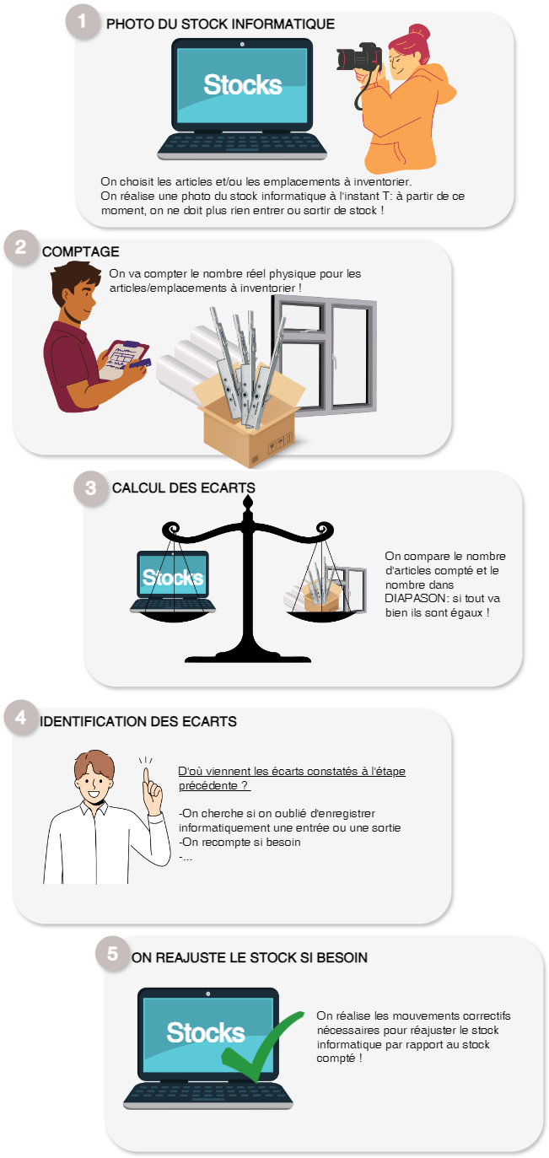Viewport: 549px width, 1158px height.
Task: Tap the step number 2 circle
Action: (19, 248)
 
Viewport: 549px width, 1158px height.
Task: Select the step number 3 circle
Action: (90, 487)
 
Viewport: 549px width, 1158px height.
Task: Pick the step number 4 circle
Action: (19, 719)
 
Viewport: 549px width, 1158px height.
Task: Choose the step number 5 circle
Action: (111, 955)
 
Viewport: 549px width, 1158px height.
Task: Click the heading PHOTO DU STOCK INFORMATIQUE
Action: (220, 24)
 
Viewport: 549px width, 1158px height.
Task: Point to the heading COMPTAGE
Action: (80, 251)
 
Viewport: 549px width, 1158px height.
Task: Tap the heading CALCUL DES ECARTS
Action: (183, 488)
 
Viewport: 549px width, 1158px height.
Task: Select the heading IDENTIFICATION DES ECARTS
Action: (138, 722)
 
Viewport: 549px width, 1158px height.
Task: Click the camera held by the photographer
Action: (355, 58)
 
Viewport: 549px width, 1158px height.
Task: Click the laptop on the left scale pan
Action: (173, 580)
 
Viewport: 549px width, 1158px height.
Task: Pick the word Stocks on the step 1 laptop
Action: (242, 85)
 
